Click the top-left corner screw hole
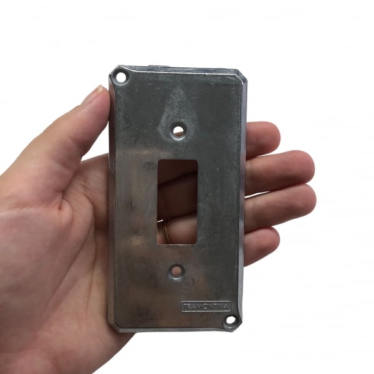(x=121, y=77)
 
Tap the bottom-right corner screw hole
(x=231, y=320)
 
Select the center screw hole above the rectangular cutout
(x=178, y=130)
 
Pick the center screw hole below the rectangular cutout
(x=176, y=271)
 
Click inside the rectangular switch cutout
(x=177, y=202)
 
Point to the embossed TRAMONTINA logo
(x=206, y=307)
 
